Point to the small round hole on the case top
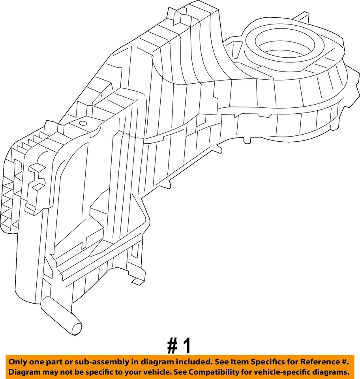(x=83, y=123)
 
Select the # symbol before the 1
(x=172, y=346)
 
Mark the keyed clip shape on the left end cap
(x=36, y=177)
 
